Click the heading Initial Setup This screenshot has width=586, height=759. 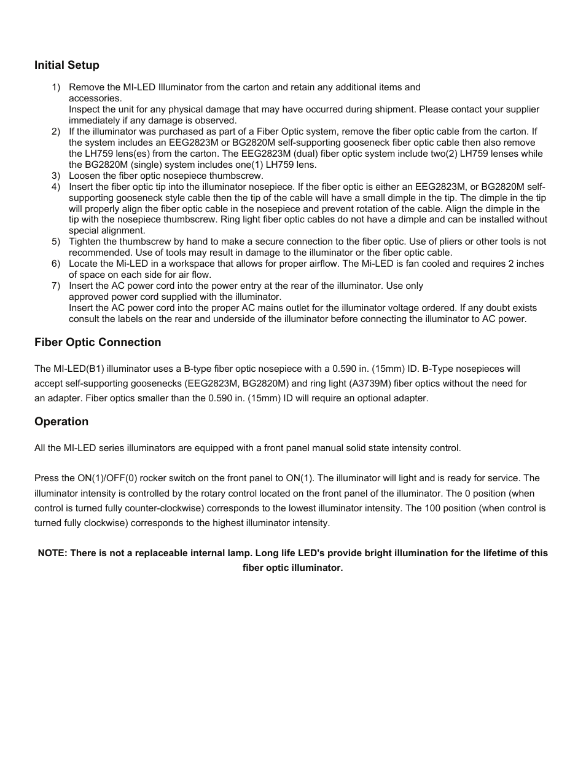[66, 65]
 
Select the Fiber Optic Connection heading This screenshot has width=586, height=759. [98, 342]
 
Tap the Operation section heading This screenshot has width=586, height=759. [61, 422]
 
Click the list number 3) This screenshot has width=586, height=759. [56, 175]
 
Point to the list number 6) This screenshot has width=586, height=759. [56, 264]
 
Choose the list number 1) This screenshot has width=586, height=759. [56, 87]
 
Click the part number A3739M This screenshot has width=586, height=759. [354, 383]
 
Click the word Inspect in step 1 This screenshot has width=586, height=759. [85, 109]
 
